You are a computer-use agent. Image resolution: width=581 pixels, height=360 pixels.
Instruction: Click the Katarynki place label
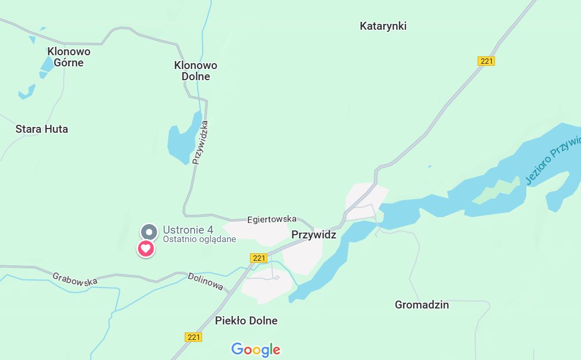pos(383,26)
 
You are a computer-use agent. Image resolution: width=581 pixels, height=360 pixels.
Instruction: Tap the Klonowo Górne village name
pos(69,57)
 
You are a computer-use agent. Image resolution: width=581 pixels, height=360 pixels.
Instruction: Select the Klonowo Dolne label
pos(196,71)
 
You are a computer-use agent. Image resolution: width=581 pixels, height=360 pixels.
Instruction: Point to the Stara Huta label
pos(42,129)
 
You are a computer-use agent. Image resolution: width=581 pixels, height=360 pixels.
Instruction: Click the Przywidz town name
pos(314,235)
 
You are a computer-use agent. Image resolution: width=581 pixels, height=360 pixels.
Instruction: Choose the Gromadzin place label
pos(422,305)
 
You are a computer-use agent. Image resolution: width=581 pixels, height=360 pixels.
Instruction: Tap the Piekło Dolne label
pos(246,321)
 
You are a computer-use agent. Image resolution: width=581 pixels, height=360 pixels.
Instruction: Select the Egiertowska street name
pos(272,219)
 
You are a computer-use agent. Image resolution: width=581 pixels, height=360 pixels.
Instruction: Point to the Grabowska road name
pos(75,279)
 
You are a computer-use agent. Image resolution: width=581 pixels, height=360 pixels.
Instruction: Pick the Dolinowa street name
pos(205,281)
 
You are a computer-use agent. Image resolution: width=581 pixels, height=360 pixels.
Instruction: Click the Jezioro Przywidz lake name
pos(552,159)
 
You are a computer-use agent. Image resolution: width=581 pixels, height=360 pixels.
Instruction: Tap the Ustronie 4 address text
pos(188,230)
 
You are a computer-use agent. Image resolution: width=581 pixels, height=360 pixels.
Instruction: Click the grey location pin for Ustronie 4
pos(149,232)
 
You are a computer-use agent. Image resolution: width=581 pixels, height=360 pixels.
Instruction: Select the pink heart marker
pos(146,248)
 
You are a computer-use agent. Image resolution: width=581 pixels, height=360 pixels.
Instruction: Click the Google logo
pos(256,349)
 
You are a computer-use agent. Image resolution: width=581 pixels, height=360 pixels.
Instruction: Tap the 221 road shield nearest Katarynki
pos(486,61)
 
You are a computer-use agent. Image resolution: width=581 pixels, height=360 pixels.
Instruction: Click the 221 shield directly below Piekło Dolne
pos(194,337)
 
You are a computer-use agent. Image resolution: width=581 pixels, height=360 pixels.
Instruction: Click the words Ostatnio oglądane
pos(199,239)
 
